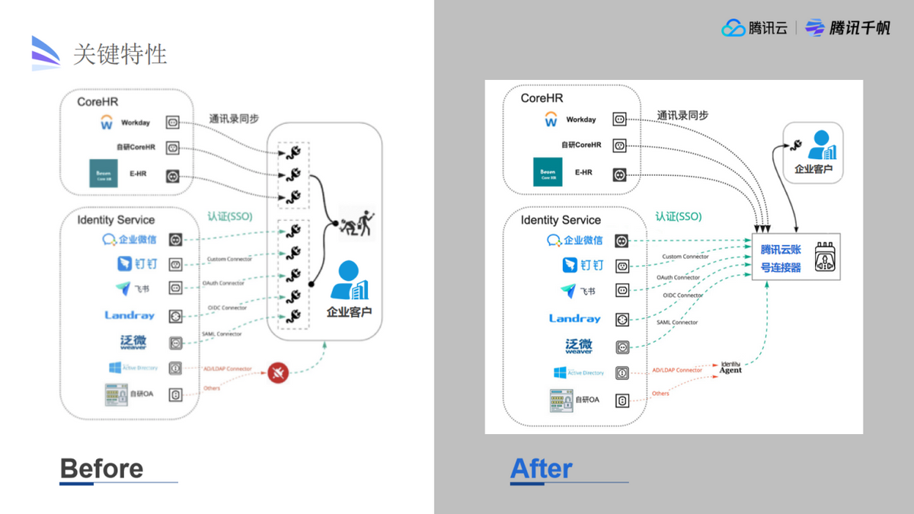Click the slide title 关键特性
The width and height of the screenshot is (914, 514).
click(x=120, y=54)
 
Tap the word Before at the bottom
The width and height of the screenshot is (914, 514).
click(x=101, y=468)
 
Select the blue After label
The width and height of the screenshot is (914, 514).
click(x=541, y=468)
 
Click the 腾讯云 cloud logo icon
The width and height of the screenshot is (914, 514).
click(x=733, y=28)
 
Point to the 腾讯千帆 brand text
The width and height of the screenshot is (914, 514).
click(x=859, y=28)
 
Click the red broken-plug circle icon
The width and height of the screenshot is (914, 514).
click(x=278, y=372)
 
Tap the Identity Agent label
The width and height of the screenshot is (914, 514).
click(x=730, y=368)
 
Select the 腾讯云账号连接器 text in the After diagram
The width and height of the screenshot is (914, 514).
click(x=781, y=258)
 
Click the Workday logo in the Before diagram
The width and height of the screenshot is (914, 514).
click(x=107, y=122)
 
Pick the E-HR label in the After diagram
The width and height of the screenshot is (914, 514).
click(x=583, y=172)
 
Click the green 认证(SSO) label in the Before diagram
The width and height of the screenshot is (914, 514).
click(x=230, y=216)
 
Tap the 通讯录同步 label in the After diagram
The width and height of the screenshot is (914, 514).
click(x=682, y=115)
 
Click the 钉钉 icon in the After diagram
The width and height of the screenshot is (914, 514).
click(x=570, y=265)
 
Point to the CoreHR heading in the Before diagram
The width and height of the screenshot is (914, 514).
click(x=97, y=101)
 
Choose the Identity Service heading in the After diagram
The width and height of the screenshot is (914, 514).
click(x=561, y=220)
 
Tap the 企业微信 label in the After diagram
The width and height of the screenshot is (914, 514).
click(x=583, y=241)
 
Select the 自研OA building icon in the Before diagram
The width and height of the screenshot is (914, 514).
click(x=115, y=394)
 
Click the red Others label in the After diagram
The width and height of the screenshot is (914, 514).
click(x=660, y=393)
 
